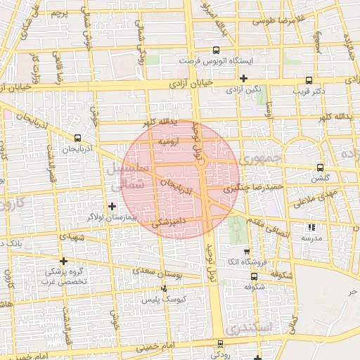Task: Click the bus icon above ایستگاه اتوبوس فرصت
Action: pos(215,51)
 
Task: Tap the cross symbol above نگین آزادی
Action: pos(243,78)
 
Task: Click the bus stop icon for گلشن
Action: pos(320,167)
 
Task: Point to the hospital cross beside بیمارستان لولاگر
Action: pos(112,205)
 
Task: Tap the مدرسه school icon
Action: pos(311,227)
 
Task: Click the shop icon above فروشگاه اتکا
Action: pos(246,252)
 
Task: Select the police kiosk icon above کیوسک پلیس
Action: pos(165,288)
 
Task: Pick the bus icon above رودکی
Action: pos(220,344)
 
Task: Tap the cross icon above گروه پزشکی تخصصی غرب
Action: pos(63,260)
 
